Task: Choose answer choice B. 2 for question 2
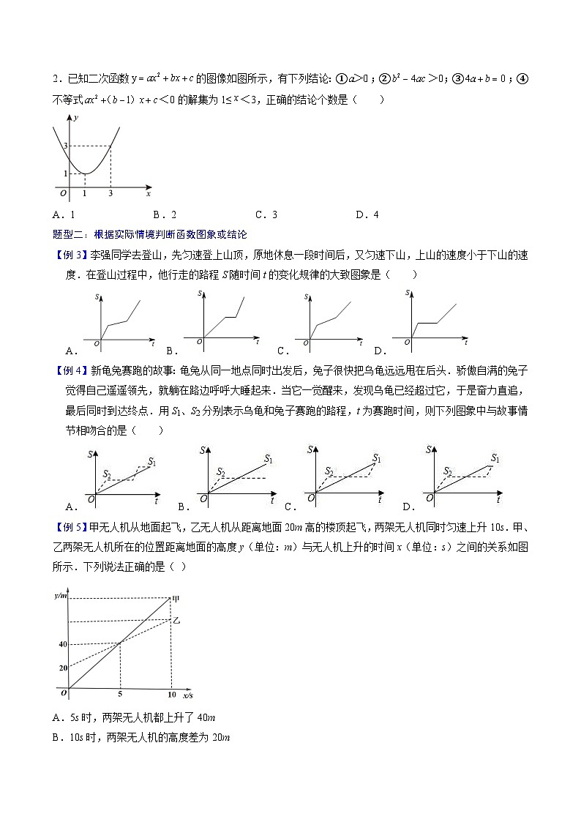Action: [x=165, y=214]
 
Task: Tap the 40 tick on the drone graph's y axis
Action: [x=62, y=645]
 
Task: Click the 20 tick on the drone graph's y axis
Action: [x=63, y=668]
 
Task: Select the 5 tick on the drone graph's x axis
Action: [x=119, y=694]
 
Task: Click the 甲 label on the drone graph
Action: [x=176, y=599]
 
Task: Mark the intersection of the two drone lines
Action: [x=120, y=643]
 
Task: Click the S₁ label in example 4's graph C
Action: [x=377, y=458]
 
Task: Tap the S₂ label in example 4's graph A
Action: [x=108, y=475]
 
